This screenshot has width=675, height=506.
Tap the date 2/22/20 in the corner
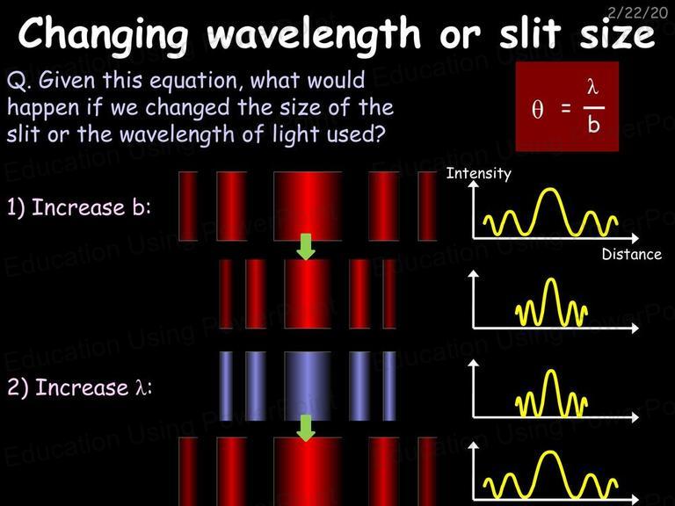(637, 12)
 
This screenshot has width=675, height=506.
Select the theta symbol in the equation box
(537, 109)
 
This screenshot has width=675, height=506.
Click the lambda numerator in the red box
(592, 87)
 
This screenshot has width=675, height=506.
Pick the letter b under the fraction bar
(593, 125)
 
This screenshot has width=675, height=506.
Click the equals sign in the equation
(566, 108)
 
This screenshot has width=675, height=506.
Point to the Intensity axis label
(479, 173)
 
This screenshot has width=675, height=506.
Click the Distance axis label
(632, 254)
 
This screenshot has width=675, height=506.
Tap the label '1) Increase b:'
(79, 207)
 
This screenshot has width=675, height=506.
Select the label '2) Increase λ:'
(80, 387)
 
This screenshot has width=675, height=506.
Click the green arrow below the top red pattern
(306, 246)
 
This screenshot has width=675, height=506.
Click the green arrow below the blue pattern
(306, 428)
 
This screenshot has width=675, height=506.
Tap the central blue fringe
(308, 386)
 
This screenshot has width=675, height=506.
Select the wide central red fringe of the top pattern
(308, 206)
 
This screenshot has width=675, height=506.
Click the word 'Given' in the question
(67, 80)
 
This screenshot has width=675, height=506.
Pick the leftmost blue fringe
(226, 386)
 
